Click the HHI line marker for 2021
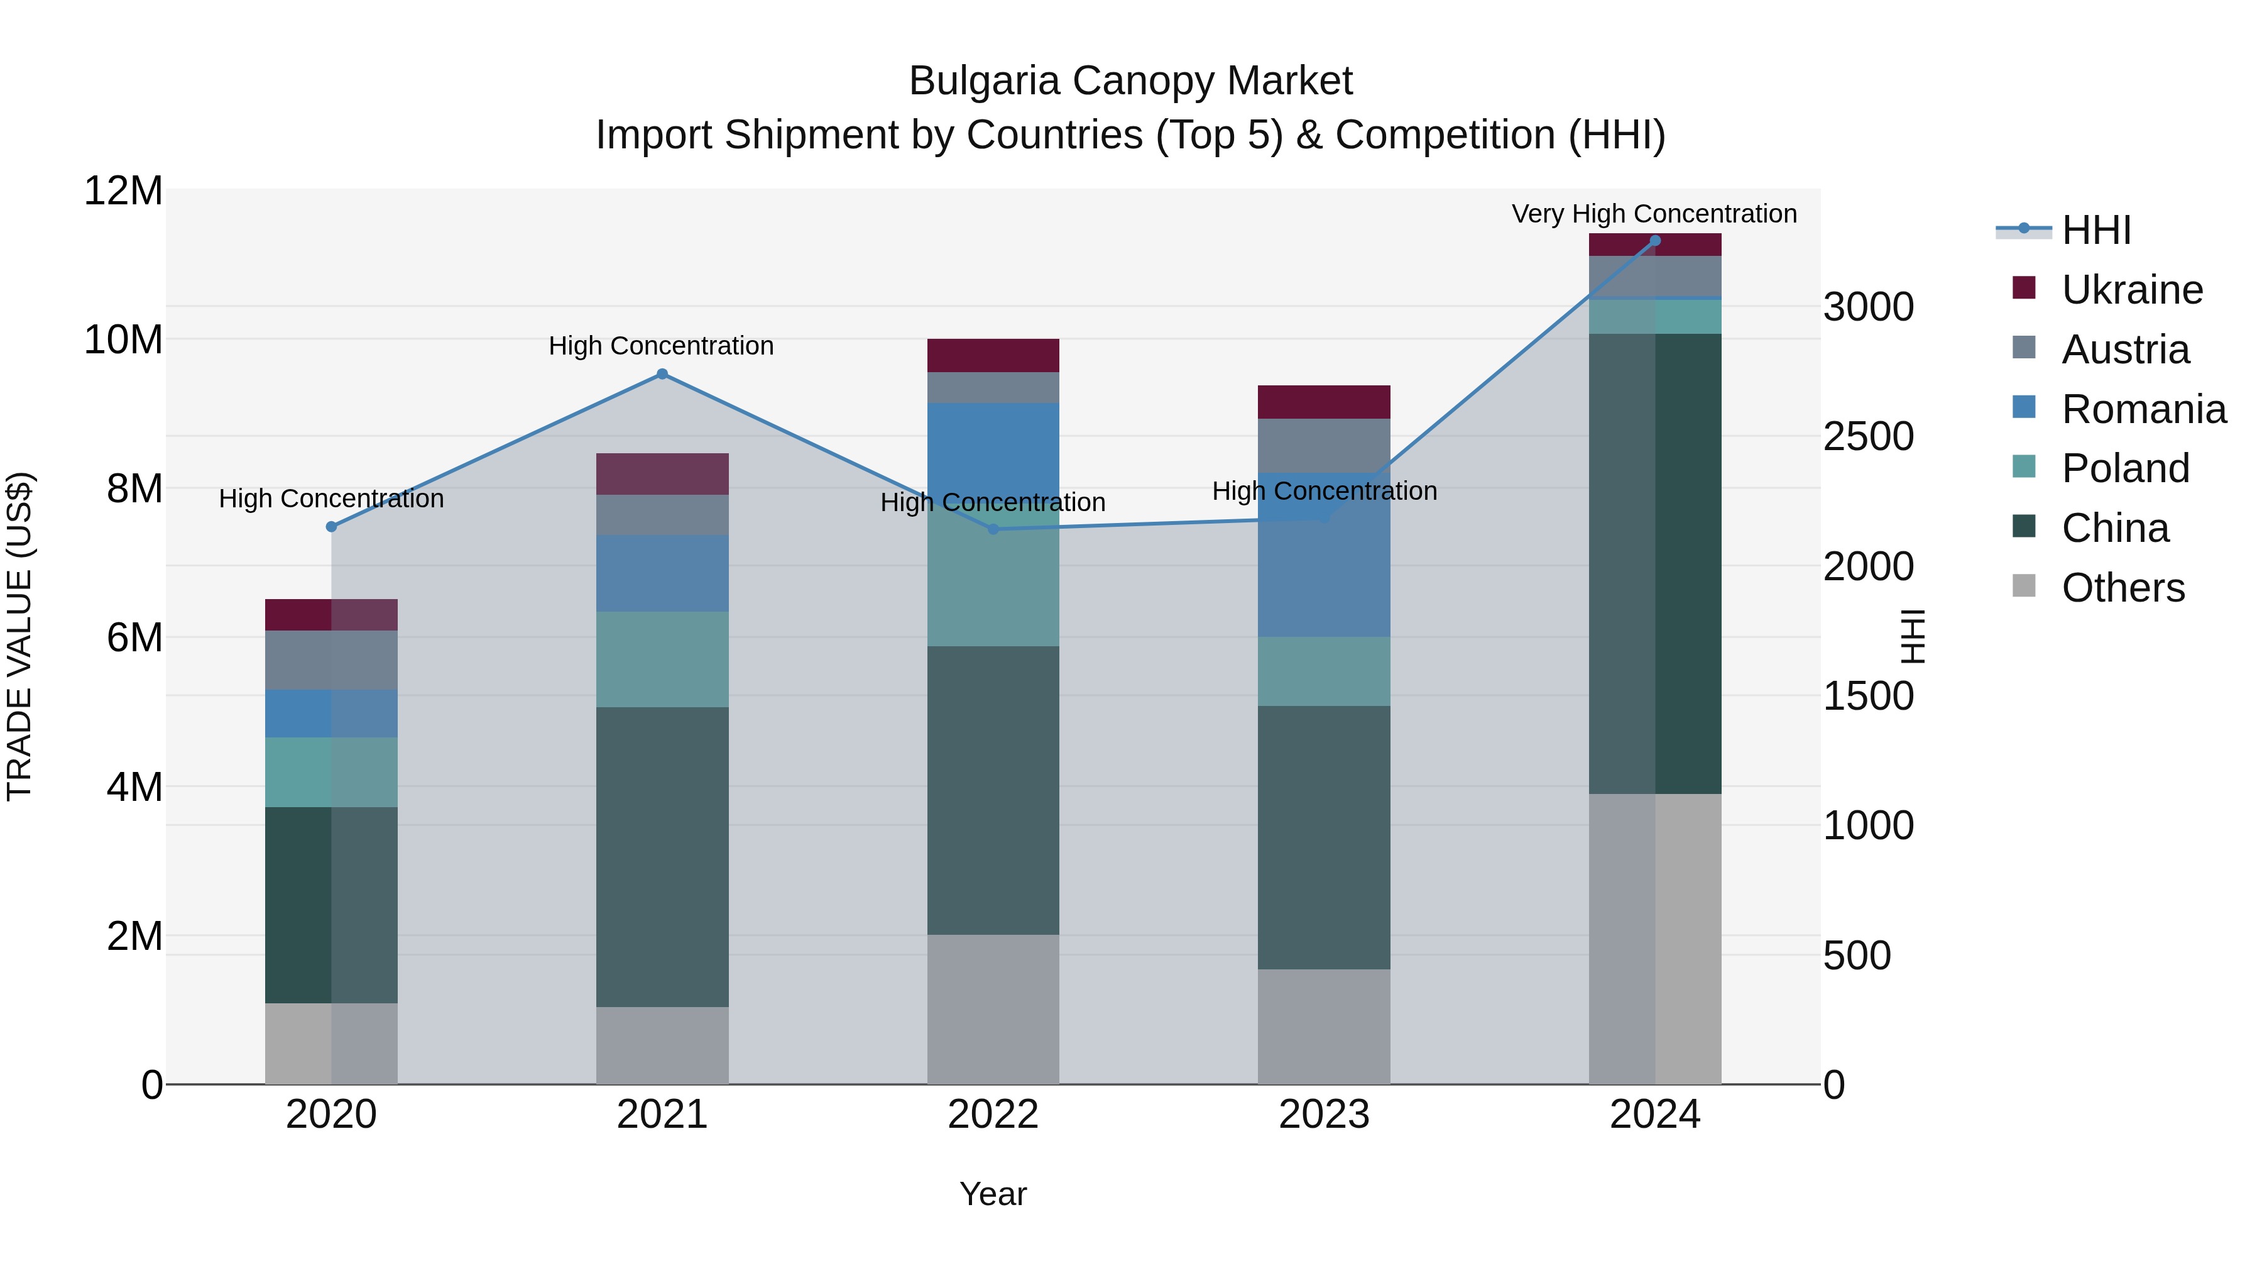click(x=662, y=374)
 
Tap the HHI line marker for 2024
click(x=1655, y=241)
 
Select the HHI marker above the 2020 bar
click(x=331, y=527)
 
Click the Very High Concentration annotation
click(x=1654, y=214)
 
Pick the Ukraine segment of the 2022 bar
click(x=993, y=355)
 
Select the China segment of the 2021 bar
click(x=662, y=857)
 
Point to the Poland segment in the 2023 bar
click(x=1324, y=671)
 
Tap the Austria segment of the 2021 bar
click(x=662, y=515)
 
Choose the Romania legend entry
click(x=2143, y=409)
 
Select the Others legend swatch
click(x=2024, y=586)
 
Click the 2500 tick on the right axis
click(x=1869, y=437)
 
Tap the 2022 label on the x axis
click(x=993, y=1115)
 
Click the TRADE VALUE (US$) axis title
click(x=19, y=636)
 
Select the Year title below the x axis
click(x=993, y=1194)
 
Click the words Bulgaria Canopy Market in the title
click(x=1130, y=81)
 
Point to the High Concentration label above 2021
click(x=661, y=346)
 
